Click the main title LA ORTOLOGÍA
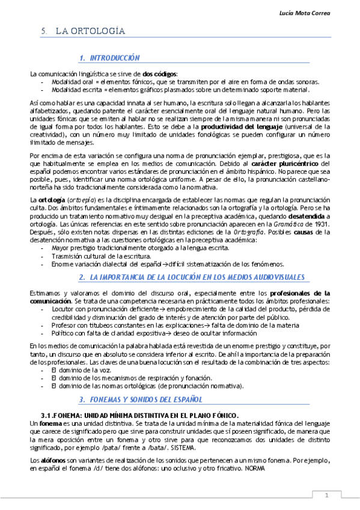tap(90, 31)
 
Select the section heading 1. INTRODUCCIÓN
tap(110, 58)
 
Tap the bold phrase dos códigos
tap(160, 73)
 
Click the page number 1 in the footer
tap(326, 496)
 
